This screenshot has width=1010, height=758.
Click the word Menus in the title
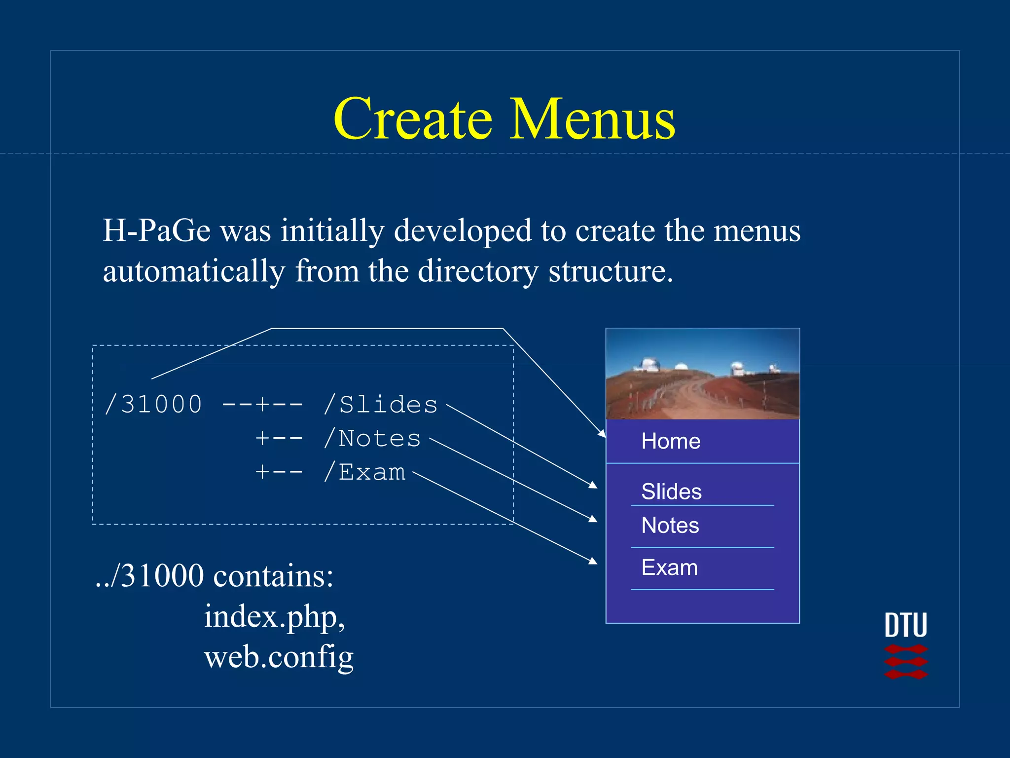point(592,119)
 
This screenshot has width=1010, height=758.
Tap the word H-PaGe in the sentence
point(156,230)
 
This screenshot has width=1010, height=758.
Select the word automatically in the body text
point(194,271)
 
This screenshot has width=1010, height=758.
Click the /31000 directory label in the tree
point(153,405)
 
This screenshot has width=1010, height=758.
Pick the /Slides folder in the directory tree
point(381,405)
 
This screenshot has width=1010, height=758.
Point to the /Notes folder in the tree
point(372,438)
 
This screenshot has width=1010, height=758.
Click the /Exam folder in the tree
point(364,472)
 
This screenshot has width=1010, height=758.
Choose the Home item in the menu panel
point(671,441)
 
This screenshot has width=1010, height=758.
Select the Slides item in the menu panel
point(671,492)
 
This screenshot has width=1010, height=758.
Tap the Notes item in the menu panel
point(670,525)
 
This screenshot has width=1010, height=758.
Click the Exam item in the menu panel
point(669,568)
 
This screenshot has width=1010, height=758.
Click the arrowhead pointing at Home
point(602,433)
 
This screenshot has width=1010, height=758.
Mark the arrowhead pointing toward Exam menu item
point(593,561)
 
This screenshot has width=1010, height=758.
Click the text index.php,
point(274,617)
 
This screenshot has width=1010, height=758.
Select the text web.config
point(279,657)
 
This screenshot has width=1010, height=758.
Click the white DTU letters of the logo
point(905,625)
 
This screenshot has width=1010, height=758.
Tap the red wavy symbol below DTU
point(905,662)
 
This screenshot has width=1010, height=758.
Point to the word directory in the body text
point(477,271)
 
